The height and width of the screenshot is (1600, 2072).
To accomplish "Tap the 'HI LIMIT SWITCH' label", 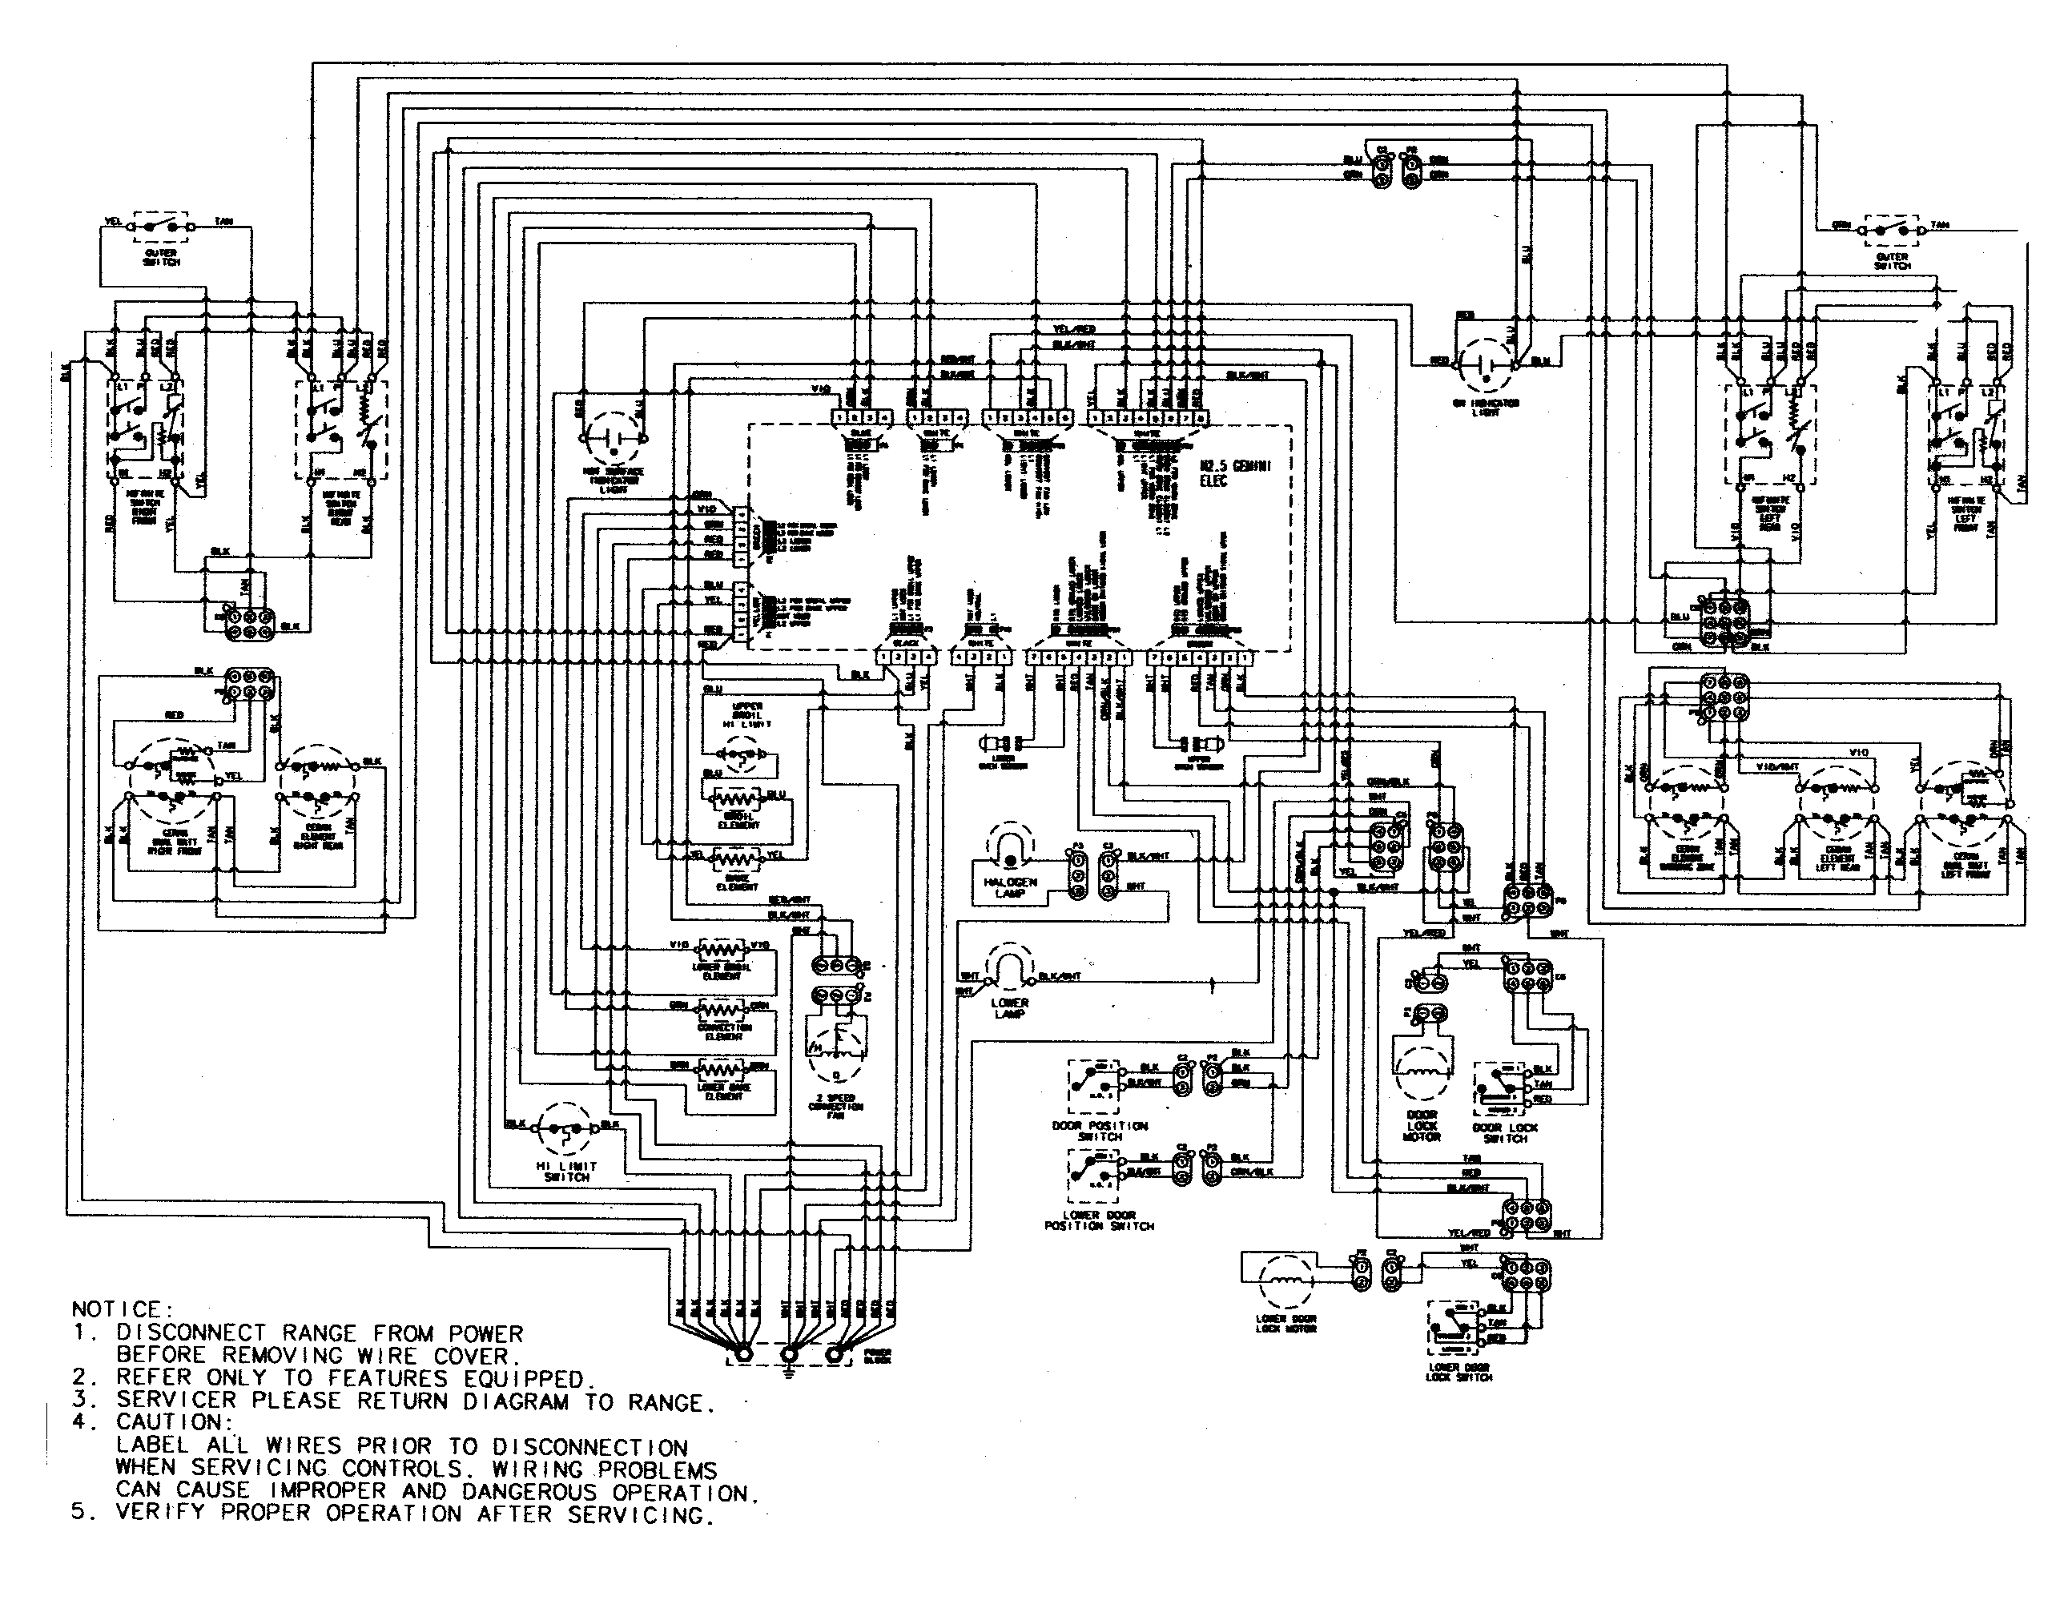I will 566,1172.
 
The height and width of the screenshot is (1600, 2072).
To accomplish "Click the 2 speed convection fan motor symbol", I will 836,1050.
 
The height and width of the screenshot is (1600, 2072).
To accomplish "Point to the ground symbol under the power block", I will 787,1372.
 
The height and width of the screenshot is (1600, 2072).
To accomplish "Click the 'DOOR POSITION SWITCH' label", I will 1100,1131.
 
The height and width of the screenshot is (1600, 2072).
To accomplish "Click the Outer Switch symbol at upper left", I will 163,228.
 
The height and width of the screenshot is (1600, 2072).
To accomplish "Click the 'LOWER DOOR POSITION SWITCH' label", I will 1099,1220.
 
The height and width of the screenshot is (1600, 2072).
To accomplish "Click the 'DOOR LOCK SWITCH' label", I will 1505,1132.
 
